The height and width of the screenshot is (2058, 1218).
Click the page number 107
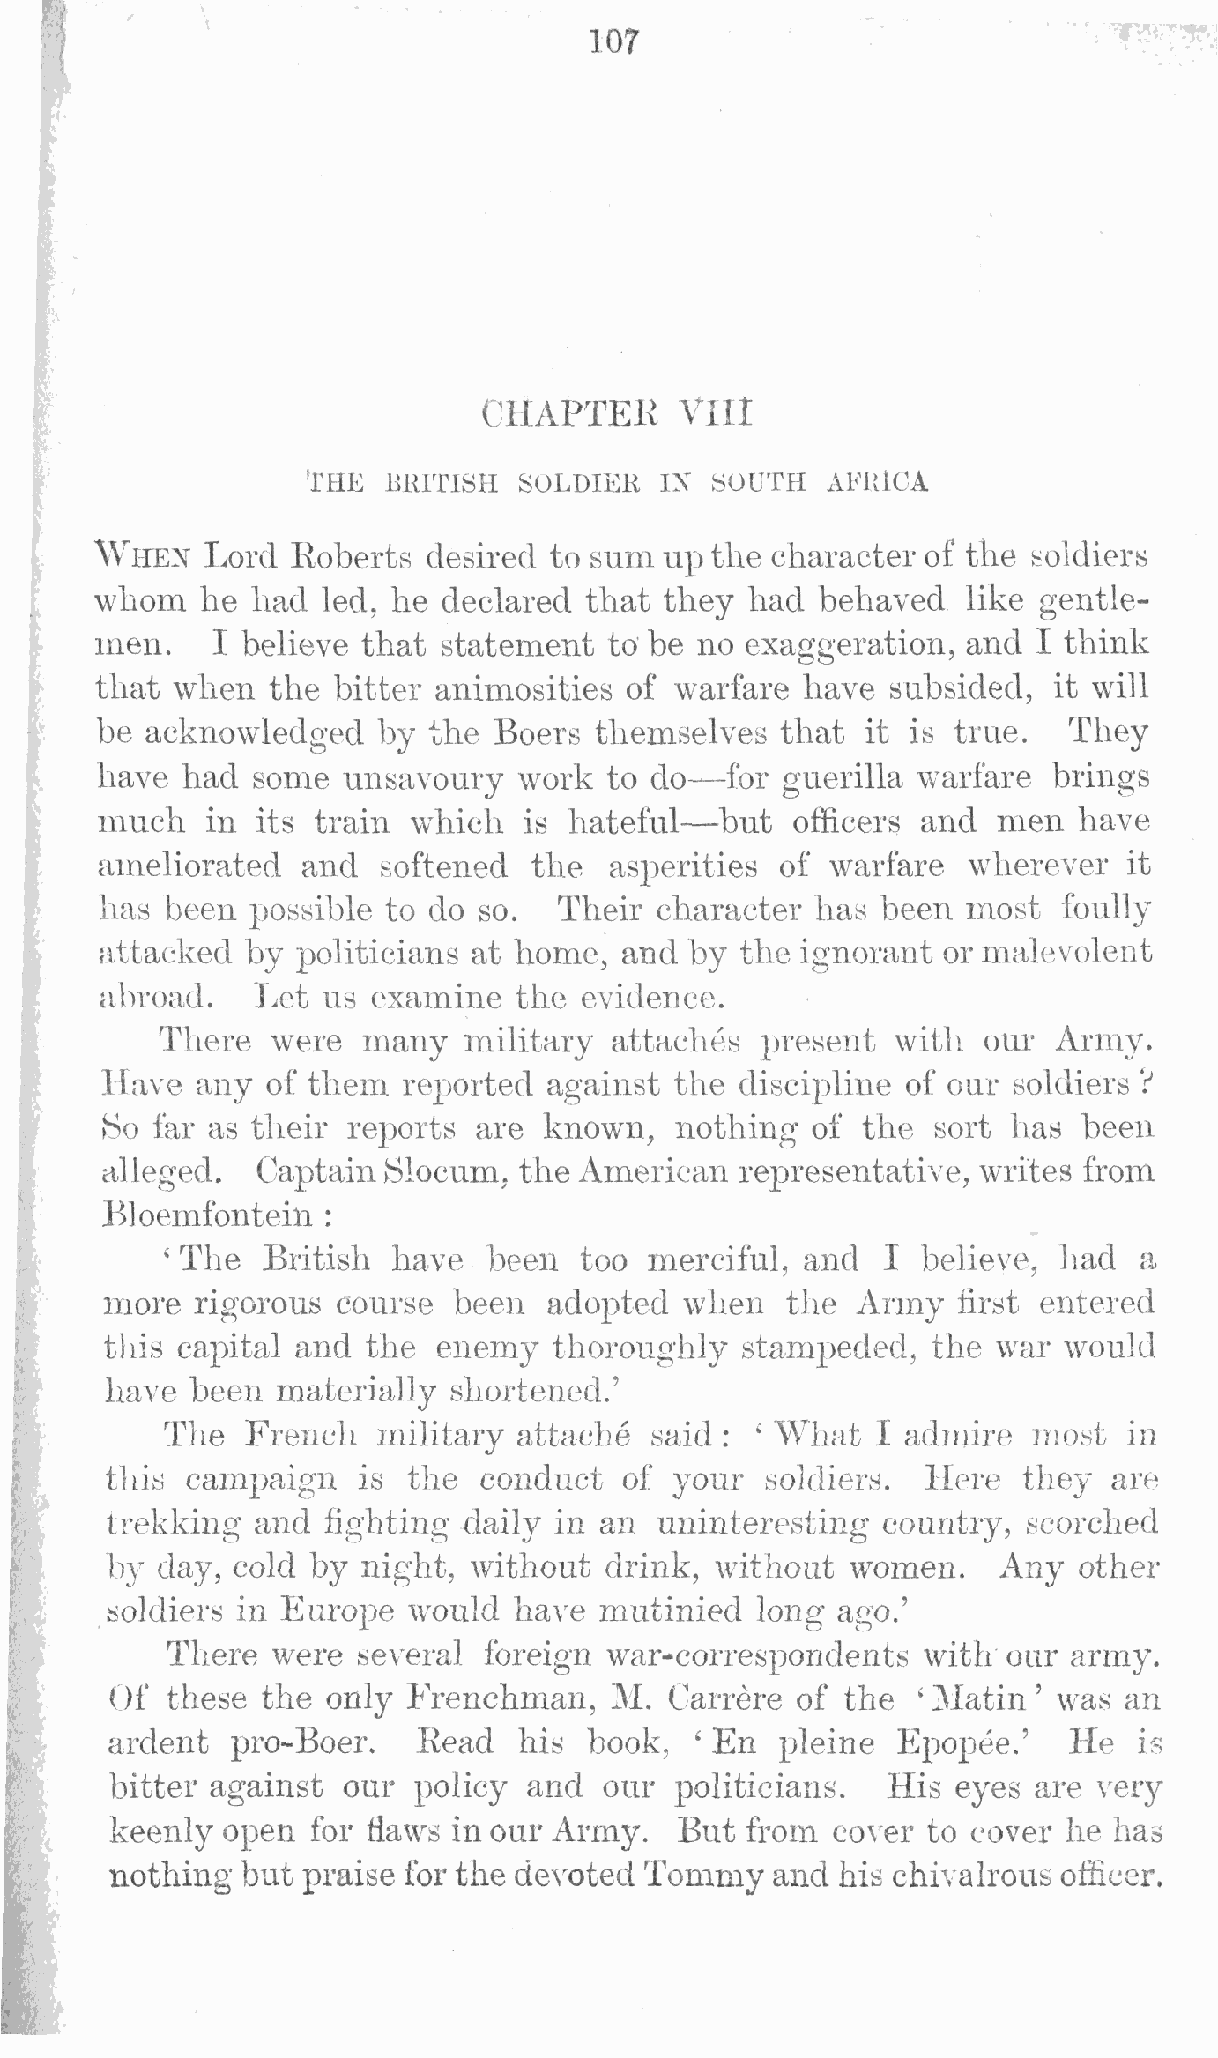(x=614, y=42)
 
